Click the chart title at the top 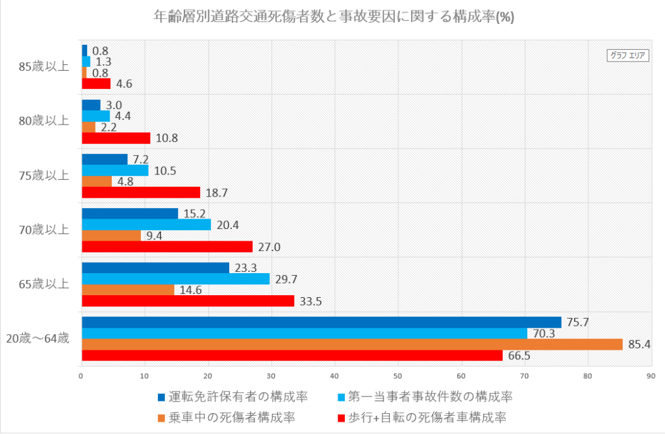click(x=331, y=17)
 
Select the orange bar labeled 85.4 click(x=351, y=344)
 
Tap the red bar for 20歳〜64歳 click(x=292, y=356)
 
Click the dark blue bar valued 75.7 click(x=321, y=322)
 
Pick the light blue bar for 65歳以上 click(x=175, y=278)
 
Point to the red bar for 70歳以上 click(x=167, y=247)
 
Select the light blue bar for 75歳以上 click(x=115, y=171)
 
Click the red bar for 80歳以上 click(x=116, y=138)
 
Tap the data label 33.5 click(x=310, y=301)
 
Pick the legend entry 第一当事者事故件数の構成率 click(x=429, y=396)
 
